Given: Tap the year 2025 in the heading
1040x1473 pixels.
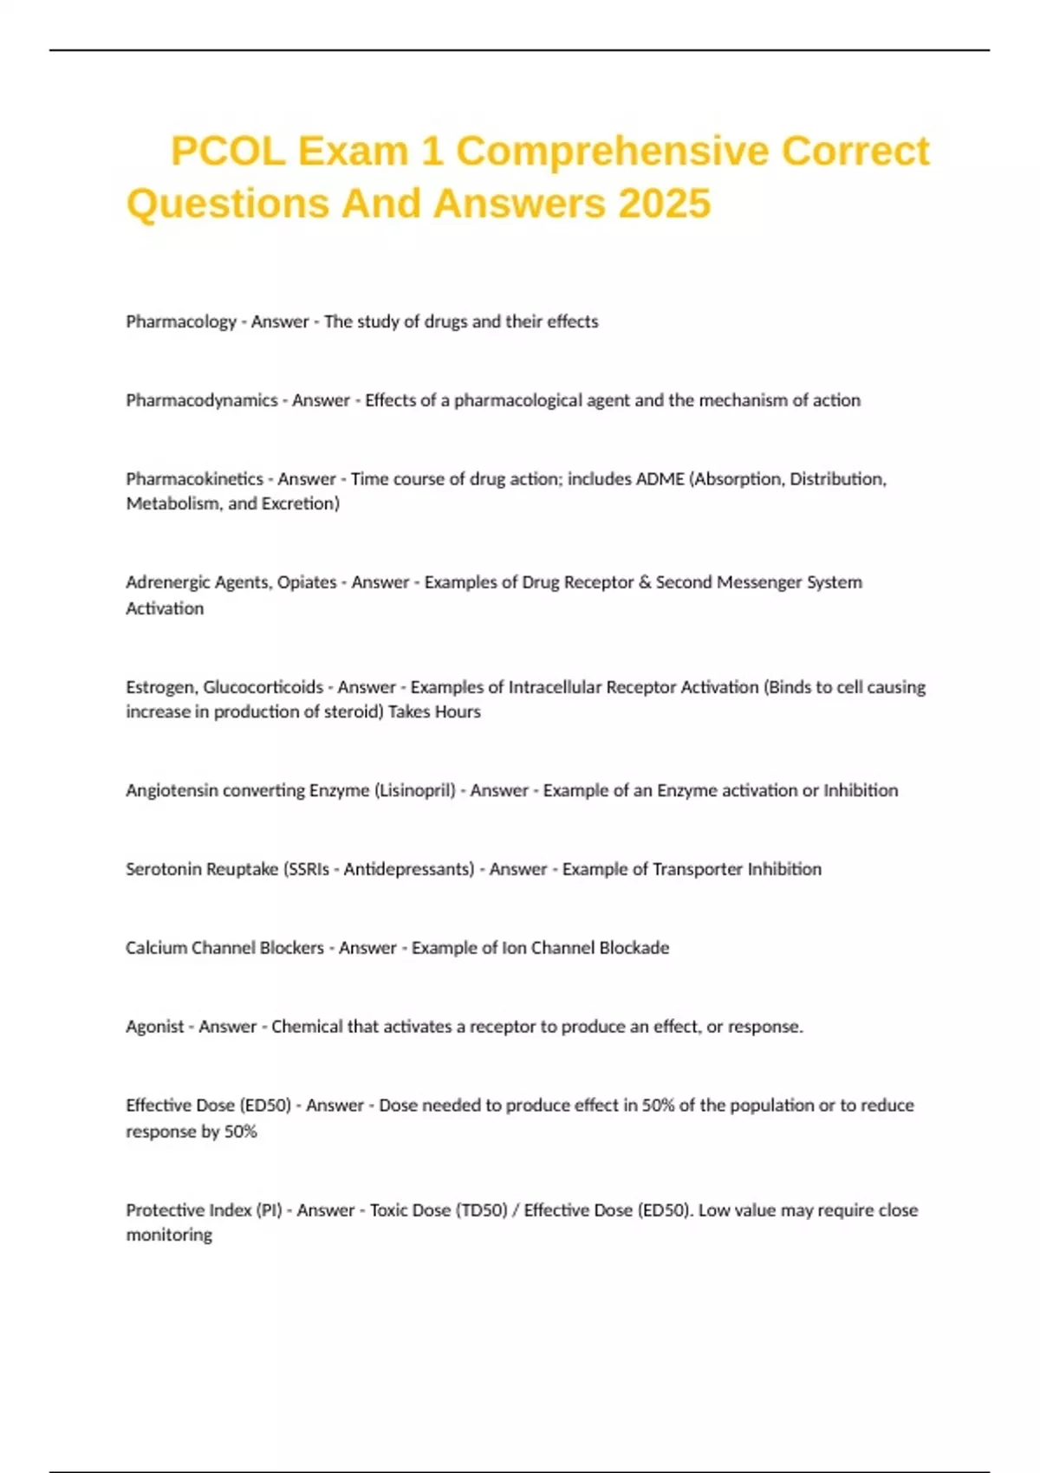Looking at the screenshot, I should tap(664, 204).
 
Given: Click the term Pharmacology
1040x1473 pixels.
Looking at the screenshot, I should tap(181, 321).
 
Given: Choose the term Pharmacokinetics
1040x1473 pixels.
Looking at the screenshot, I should tap(194, 479).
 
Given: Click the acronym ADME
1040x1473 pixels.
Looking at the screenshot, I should tap(660, 479).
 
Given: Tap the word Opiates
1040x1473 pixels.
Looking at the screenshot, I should tap(307, 582).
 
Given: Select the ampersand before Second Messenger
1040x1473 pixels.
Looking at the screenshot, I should tap(644, 582).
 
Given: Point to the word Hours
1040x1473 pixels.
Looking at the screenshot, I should tap(458, 712).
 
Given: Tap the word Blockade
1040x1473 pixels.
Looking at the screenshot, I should tap(634, 948).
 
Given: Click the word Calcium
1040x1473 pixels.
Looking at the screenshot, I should tap(156, 948).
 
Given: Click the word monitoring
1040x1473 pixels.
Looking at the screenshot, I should tap(169, 1236).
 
